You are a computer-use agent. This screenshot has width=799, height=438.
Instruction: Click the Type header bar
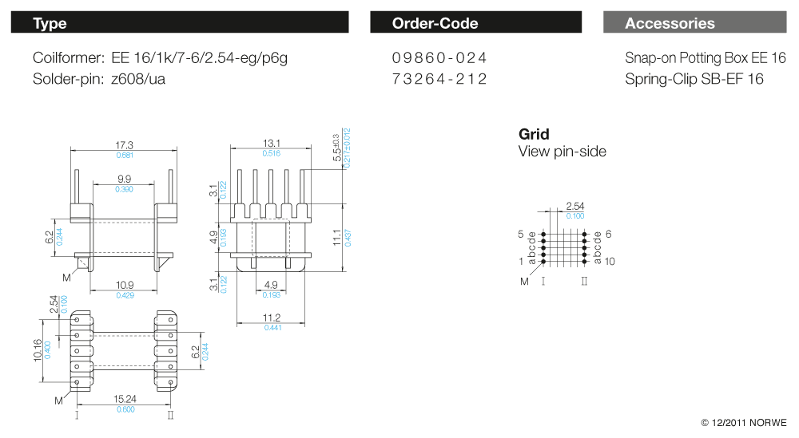pyautogui.click(x=180, y=23)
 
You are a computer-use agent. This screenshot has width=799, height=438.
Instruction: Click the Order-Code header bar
pyautogui.click(x=476, y=23)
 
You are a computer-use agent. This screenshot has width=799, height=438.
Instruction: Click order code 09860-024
pyautogui.click(x=439, y=58)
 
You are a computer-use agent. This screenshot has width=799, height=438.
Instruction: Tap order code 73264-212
pyautogui.click(x=439, y=79)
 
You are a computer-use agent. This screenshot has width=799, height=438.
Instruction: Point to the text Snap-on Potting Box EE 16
pyautogui.click(x=706, y=58)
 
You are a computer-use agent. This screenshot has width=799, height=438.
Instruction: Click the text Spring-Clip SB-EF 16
pyautogui.click(x=694, y=79)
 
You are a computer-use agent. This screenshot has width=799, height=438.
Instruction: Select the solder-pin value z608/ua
pyautogui.click(x=138, y=79)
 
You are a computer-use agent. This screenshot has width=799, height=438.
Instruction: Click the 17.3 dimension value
pyautogui.click(x=124, y=145)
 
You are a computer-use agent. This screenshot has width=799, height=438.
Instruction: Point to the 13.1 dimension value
pyautogui.click(x=271, y=144)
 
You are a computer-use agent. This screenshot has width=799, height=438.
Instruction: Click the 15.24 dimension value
pyautogui.click(x=125, y=401)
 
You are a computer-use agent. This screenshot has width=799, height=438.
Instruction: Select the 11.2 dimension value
pyautogui.click(x=272, y=319)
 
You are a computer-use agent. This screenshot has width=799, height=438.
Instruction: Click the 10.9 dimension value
pyautogui.click(x=125, y=286)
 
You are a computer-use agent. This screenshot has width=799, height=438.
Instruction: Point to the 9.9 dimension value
pyautogui.click(x=125, y=180)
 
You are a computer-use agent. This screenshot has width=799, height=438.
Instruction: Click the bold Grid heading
pyautogui.click(x=534, y=134)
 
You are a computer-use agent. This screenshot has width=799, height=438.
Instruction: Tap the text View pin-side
pyautogui.click(x=562, y=152)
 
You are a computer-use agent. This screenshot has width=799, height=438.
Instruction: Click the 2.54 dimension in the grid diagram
pyautogui.click(x=574, y=207)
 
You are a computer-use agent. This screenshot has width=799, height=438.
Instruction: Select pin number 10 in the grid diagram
pyautogui.click(x=610, y=262)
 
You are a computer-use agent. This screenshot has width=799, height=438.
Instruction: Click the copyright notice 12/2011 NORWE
pyautogui.click(x=743, y=423)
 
